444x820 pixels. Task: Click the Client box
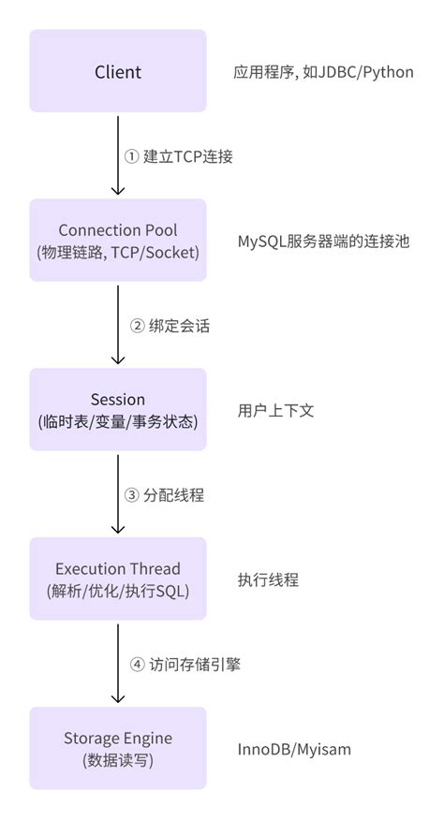118,71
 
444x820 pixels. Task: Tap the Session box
118,410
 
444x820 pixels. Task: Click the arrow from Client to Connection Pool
118,154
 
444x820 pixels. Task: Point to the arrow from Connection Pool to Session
118,324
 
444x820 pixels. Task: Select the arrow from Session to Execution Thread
118,493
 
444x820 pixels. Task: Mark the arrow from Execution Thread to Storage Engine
118,663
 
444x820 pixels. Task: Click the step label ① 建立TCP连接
179,156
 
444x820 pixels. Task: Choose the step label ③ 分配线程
165,495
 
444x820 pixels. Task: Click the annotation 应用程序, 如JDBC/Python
323,72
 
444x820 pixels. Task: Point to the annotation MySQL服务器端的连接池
322,242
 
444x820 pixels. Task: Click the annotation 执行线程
268,579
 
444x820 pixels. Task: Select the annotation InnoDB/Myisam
294,749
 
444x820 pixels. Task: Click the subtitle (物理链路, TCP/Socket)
118,252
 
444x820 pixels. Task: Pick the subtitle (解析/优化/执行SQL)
118,591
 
